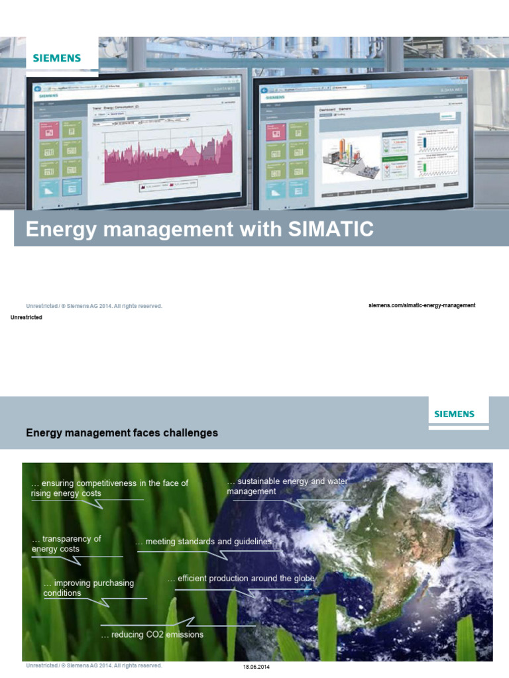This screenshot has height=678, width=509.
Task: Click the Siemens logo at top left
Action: (57, 58)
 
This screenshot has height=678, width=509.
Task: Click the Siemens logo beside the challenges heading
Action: (454, 414)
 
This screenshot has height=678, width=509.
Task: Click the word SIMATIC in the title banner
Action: (331, 230)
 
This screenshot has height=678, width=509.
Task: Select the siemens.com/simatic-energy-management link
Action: (422, 305)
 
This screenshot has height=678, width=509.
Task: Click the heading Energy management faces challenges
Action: (122, 433)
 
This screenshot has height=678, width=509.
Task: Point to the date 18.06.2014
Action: (257, 667)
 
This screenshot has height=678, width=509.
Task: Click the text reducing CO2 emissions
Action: (152, 634)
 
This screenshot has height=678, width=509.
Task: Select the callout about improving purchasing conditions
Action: (88, 588)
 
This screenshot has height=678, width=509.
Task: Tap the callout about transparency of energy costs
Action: (66, 544)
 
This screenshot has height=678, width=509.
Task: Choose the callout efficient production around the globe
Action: (242, 579)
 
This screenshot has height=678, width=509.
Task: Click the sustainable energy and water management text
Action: (286, 486)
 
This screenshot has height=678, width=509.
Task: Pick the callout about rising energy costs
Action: (109, 488)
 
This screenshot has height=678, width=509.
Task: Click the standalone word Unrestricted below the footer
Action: (27, 318)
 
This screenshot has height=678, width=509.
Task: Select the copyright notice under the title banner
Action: (93, 306)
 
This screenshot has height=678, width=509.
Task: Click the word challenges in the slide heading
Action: (192, 433)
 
